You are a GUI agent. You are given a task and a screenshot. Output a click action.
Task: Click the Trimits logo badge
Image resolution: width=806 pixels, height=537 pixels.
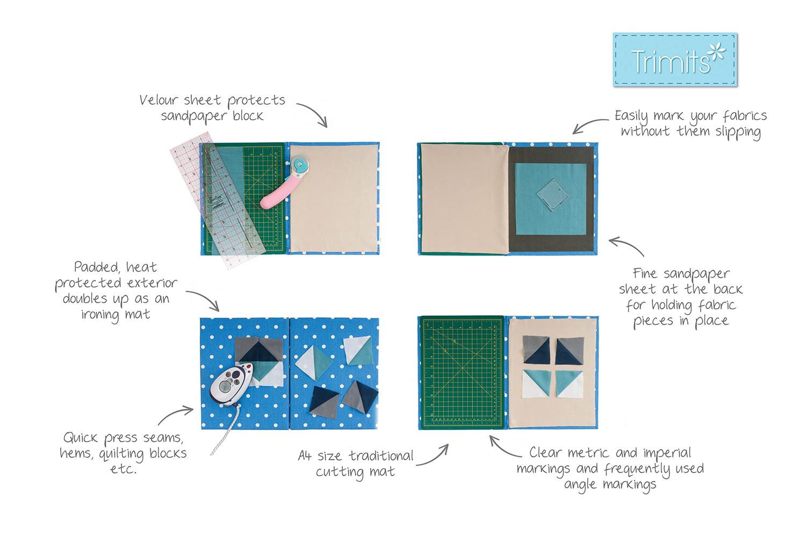(675, 60)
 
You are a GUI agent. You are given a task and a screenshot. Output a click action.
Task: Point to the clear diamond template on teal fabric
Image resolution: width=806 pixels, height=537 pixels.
(553, 194)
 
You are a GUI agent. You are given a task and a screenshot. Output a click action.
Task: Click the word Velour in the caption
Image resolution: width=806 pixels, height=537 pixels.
(159, 100)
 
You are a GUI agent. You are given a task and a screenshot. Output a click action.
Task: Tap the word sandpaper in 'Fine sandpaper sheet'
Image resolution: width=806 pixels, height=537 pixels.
(697, 274)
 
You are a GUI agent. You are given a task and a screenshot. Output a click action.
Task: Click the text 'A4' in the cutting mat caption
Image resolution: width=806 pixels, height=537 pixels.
(305, 456)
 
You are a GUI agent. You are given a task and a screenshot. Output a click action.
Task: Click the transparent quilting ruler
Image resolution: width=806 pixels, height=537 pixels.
(217, 200)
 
